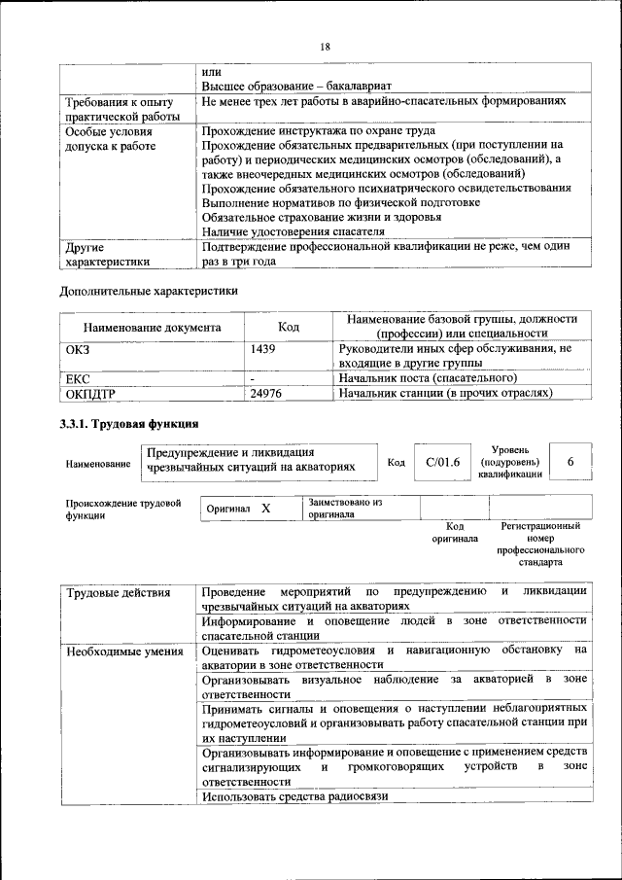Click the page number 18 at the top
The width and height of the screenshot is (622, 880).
click(325, 46)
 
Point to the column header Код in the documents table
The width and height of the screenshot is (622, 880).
click(288, 328)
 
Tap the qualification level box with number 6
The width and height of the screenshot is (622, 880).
click(570, 462)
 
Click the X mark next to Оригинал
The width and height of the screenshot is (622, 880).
click(265, 508)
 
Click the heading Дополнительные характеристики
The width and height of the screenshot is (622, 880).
click(149, 290)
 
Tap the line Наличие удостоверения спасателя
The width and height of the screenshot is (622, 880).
click(293, 231)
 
